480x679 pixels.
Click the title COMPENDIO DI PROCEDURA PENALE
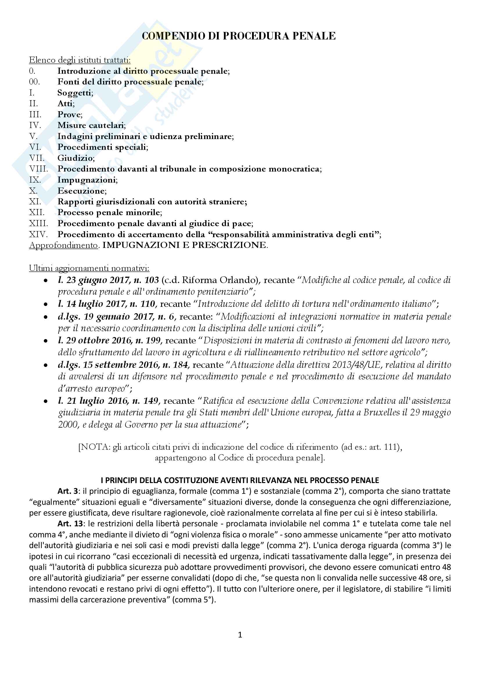point(239,36)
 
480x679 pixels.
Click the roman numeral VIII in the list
point(38,169)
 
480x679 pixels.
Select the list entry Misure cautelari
point(91,125)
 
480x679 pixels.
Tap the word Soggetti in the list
point(75,93)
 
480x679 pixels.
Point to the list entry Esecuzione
point(82,191)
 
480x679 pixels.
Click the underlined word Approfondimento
point(63,245)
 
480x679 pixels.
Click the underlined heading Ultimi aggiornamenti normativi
point(89,268)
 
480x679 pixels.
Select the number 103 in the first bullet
point(151,280)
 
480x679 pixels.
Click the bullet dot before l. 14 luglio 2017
point(46,304)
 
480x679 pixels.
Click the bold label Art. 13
point(70,524)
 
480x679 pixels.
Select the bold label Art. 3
point(68,491)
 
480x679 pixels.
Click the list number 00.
point(34,82)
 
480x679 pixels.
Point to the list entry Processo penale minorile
point(109,212)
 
